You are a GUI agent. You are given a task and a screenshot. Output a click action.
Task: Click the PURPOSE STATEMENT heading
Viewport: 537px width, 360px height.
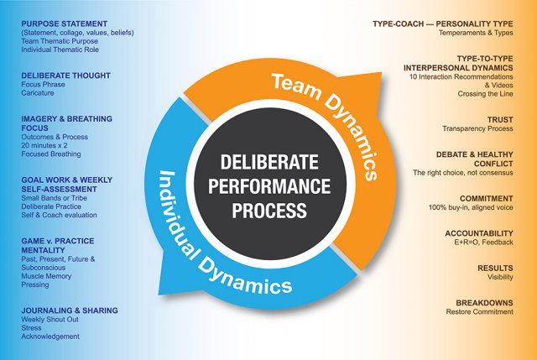coord(65,24)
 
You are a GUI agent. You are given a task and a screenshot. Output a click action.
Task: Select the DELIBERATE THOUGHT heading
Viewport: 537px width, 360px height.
coord(65,76)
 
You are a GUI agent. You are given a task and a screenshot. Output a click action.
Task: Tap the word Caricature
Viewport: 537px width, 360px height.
coord(38,93)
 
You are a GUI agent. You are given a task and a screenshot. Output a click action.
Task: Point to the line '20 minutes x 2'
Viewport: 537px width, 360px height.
coord(44,145)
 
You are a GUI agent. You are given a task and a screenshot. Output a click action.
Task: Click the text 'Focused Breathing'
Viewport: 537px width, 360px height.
coord(51,154)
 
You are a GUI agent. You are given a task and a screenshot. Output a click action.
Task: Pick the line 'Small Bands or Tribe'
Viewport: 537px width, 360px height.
coord(54,198)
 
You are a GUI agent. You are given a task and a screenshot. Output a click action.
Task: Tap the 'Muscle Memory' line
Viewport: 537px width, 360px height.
coord(46,276)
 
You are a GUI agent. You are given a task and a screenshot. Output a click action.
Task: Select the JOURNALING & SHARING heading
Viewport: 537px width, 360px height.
coord(70,310)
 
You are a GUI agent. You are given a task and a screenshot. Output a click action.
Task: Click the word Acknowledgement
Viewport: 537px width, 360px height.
coord(50,337)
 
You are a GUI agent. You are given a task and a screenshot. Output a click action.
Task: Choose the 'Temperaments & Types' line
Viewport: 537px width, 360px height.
coord(476,33)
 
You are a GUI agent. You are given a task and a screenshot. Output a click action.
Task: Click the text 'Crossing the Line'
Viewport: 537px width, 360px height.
coord(485,94)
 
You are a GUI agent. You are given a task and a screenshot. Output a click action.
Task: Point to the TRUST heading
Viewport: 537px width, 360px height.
coord(500,120)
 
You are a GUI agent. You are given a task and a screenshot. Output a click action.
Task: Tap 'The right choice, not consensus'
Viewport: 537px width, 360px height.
coord(463,173)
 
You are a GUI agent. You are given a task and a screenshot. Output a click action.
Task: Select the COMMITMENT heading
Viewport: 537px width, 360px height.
coord(487,199)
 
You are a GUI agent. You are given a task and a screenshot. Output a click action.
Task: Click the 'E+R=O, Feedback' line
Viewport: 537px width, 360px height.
coord(484,243)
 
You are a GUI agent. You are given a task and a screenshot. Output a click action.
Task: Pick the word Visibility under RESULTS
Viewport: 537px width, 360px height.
coord(500,277)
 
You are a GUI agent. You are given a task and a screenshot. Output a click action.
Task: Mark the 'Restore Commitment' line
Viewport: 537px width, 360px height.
coord(479,311)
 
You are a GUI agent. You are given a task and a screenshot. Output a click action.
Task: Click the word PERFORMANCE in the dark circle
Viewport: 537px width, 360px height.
coord(269,186)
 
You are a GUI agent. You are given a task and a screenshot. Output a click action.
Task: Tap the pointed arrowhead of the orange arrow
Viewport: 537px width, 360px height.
coord(382,73)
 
